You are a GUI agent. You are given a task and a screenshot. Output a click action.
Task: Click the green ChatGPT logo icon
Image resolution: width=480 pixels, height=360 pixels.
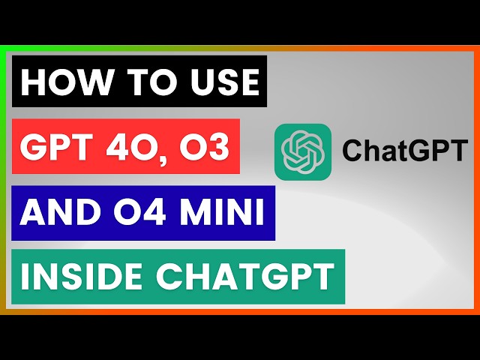(302, 151)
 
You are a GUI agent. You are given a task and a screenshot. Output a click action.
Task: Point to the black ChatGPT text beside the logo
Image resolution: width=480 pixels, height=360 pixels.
(403, 152)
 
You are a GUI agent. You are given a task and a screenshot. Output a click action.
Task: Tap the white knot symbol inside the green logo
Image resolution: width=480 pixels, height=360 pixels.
(302, 151)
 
